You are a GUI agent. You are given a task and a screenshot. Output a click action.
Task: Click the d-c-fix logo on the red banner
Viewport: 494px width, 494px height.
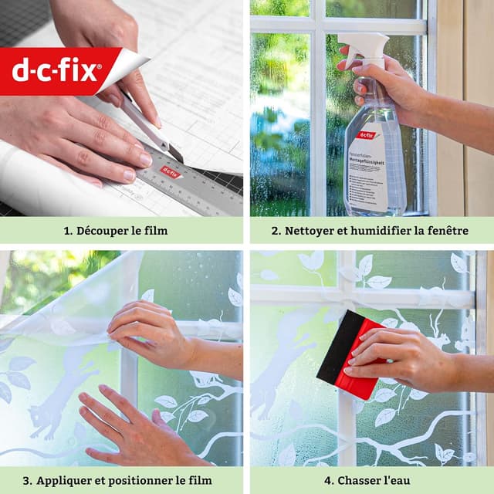56,71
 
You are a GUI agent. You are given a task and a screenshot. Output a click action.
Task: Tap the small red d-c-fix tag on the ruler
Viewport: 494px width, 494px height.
171,172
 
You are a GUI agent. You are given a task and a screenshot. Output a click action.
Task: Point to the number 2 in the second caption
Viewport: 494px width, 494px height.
275,230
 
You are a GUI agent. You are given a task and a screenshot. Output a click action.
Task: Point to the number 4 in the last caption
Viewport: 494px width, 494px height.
329,480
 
